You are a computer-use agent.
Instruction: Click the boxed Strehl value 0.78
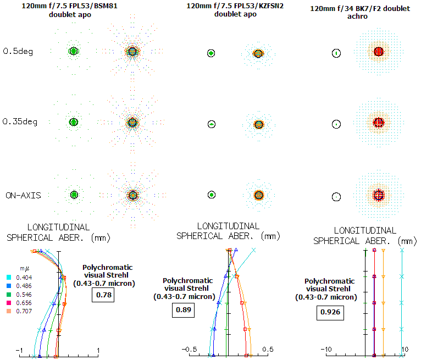102,295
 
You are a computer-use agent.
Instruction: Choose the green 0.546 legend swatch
9,295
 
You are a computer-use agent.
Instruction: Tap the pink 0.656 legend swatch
9,303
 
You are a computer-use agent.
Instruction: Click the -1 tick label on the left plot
19,351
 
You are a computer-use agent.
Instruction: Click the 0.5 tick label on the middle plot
268,350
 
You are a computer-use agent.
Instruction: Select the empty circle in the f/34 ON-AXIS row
337,196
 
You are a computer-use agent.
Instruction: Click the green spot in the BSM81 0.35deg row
73,121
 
